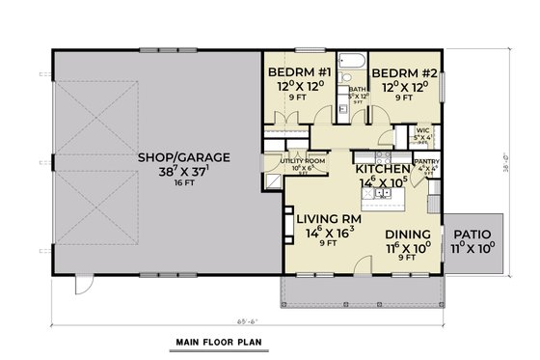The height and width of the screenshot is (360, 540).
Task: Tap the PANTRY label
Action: (426, 163)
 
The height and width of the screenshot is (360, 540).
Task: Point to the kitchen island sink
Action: (382, 194)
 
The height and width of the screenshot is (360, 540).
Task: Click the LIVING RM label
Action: (328, 219)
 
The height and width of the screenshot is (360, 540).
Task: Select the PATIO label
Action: (472, 235)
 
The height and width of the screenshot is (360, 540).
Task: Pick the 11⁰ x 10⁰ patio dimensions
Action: (472, 247)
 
